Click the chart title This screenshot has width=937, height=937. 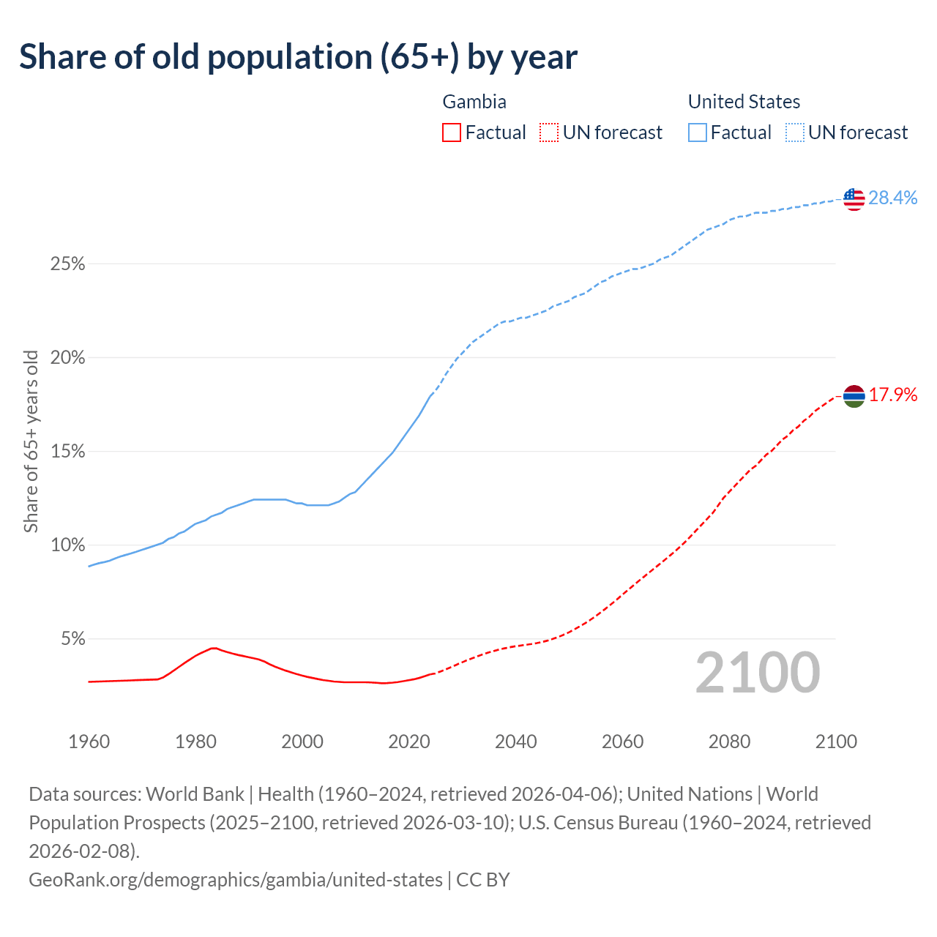298,57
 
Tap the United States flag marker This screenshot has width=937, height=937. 854,198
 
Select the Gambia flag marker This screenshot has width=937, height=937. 854,396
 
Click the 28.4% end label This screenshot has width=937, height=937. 893,198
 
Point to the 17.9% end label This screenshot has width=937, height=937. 893,395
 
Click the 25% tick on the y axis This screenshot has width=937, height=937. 67,264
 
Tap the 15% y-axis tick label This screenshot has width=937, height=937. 67,452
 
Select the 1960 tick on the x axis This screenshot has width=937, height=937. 89,742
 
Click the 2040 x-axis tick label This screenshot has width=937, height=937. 515,742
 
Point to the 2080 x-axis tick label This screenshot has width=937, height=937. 729,742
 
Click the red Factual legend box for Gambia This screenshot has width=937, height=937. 452,132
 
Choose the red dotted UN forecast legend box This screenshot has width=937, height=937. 549,132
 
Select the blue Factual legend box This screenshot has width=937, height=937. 698,132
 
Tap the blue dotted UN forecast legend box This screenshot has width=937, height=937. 795,132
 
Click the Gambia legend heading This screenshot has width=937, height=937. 474,102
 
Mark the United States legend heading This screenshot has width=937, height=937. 744,102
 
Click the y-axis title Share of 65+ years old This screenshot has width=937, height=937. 31,441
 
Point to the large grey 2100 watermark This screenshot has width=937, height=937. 757,673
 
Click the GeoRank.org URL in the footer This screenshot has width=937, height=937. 236,879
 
